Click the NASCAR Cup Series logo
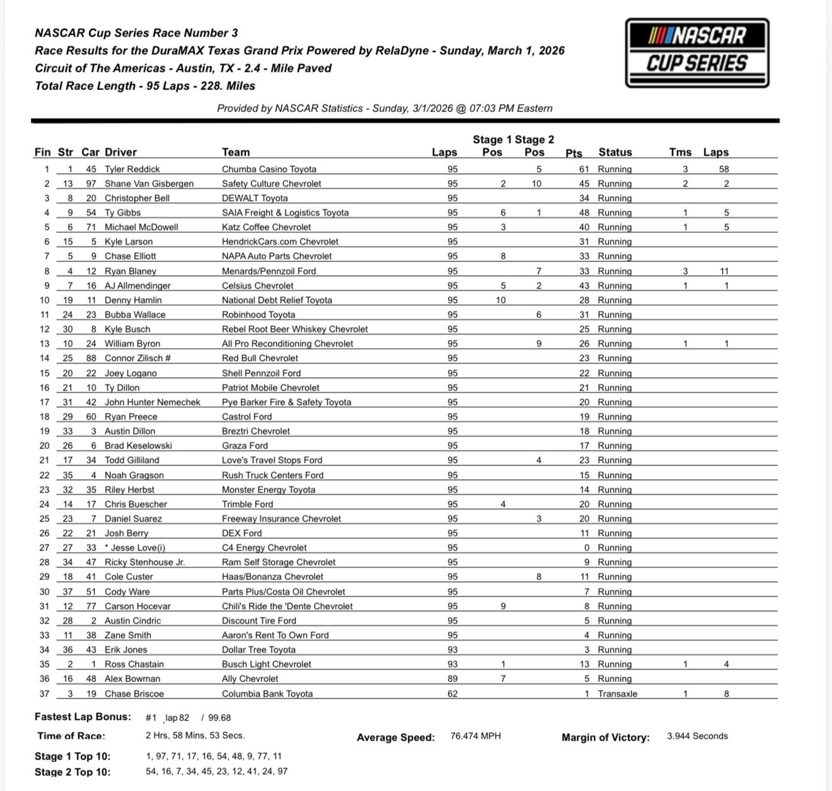(x=696, y=52)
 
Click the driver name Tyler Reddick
(x=132, y=169)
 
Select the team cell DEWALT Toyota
(x=255, y=198)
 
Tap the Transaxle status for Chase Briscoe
(x=617, y=693)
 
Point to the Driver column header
(x=120, y=152)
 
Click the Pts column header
(x=574, y=152)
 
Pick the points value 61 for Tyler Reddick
(x=584, y=169)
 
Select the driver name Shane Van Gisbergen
(x=149, y=183)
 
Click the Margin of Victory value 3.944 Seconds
(x=697, y=736)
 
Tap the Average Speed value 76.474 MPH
(x=476, y=736)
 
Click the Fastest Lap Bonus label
(x=83, y=717)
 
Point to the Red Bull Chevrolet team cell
(x=260, y=358)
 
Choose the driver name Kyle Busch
(x=127, y=329)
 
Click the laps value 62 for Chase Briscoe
(x=453, y=693)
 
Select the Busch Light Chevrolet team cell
(x=267, y=664)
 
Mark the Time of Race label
(x=71, y=736)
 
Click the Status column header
(x=615, y=152)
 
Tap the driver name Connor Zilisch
(x=138, y=358)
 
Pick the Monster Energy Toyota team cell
(x=269, y=489)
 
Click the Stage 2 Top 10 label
(x=72, y=771)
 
